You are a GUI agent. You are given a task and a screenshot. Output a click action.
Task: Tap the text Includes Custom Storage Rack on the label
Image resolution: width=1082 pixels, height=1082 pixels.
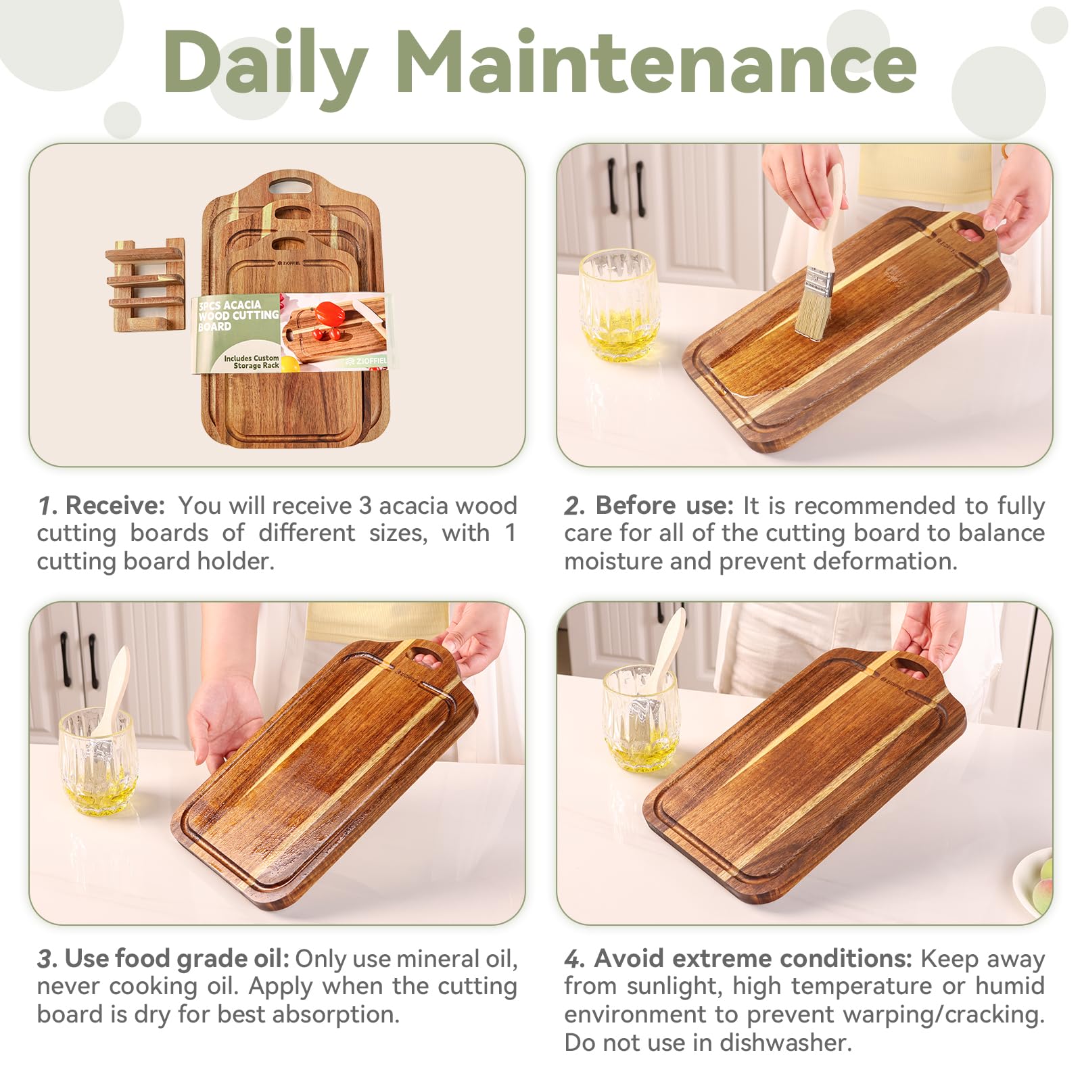click(x=251, y=362)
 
